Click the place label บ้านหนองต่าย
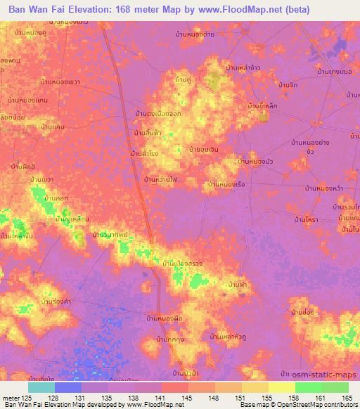(x=195, y=33)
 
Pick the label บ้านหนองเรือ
(x=226, y=184)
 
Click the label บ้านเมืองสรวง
(x=183, y=263)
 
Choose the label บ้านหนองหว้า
(x=323, y=188)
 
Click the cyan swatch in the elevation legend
(x=41, y=387)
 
